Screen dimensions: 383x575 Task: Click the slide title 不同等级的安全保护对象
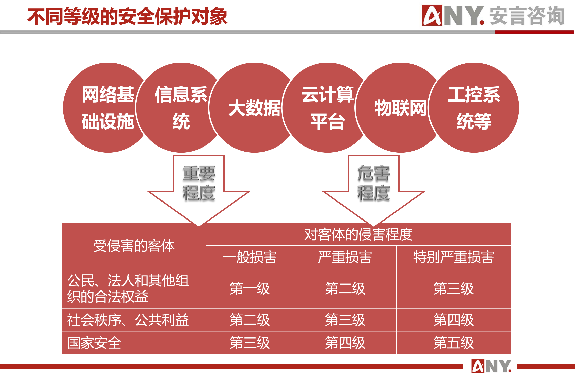click(x=127, y=17)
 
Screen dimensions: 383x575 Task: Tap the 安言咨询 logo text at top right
click(x=527, y=16)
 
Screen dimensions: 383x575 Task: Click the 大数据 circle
click(x=254, y=108)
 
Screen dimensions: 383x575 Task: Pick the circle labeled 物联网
click(x=401, y=108)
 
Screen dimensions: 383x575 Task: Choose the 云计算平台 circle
click(x=327, y=108)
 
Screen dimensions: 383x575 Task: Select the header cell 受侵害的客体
click(x=134, y=246)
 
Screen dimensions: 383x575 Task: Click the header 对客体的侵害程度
click(x=358, y=234)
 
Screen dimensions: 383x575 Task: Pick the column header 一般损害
click(x=250, y=257)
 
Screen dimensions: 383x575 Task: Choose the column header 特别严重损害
click(x=454, y=257)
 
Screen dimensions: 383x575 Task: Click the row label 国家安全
click(x=94, y=343)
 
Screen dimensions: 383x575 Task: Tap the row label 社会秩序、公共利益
click(x=128, y=320)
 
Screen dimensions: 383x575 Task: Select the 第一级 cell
click(x=250, y=288)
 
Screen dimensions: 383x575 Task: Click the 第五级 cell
click(x=454, y=343)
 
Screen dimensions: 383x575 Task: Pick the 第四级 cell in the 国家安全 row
click(x=345, y=343)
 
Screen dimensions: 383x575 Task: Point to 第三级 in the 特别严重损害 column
click(x=454, y=288)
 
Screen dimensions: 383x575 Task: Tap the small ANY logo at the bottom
click(x=491, y=366)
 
